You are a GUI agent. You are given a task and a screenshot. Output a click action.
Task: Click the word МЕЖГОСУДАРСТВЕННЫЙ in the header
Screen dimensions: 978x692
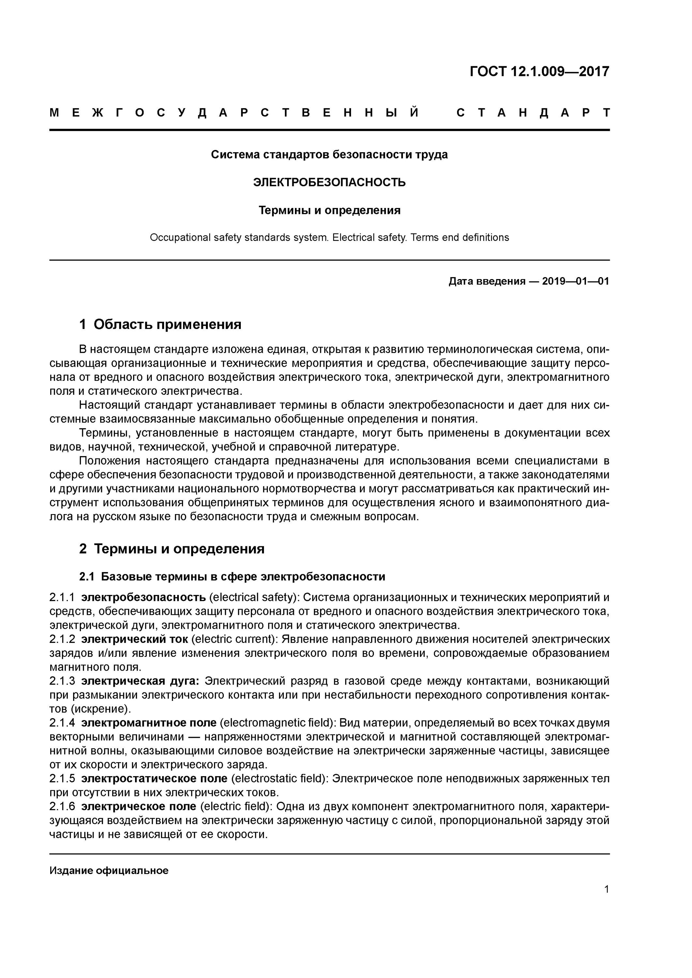coord(234,113)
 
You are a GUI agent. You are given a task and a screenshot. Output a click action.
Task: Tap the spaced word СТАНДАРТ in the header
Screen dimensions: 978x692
coord(533,113)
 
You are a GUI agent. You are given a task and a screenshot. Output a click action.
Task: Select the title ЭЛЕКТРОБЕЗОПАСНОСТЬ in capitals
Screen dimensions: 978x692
coord(329,182)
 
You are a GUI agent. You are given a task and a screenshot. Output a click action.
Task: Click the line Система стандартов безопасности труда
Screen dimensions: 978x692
coord(329,155)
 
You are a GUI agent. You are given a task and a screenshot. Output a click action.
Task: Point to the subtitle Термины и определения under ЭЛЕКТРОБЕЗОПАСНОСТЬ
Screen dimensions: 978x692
coord(329,210)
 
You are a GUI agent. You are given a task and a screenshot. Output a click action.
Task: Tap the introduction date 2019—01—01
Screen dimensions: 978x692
coord(575,281)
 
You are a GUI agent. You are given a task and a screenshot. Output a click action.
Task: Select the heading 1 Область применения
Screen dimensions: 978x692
coord(160,325)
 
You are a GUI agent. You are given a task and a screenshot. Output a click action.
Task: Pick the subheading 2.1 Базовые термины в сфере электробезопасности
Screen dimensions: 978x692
coord(232,576)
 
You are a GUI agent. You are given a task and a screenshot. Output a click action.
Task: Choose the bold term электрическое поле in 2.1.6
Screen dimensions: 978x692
coord(139,806)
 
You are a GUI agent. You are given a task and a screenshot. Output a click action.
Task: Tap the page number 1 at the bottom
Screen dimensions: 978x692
coord(606,889)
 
